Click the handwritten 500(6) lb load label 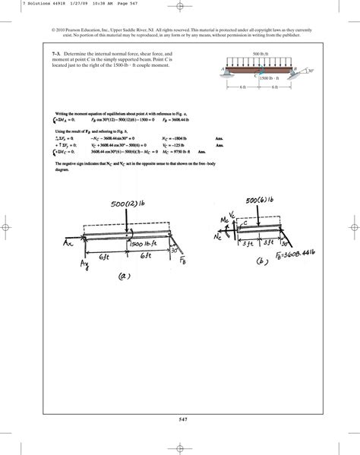(x=263, y=200)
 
